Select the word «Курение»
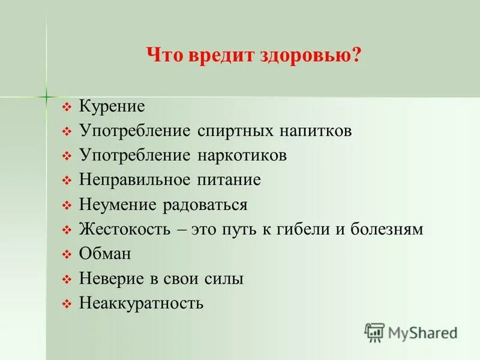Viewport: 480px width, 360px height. (x=112, y=106)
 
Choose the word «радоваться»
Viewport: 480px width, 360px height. (x=206, y=205)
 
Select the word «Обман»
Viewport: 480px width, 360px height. (x=105, y=254)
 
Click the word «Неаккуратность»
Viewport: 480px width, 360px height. (x=142, y=303)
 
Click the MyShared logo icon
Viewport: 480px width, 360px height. (x=374, y=332)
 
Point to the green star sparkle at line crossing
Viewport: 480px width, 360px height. (x=46, y=96)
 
